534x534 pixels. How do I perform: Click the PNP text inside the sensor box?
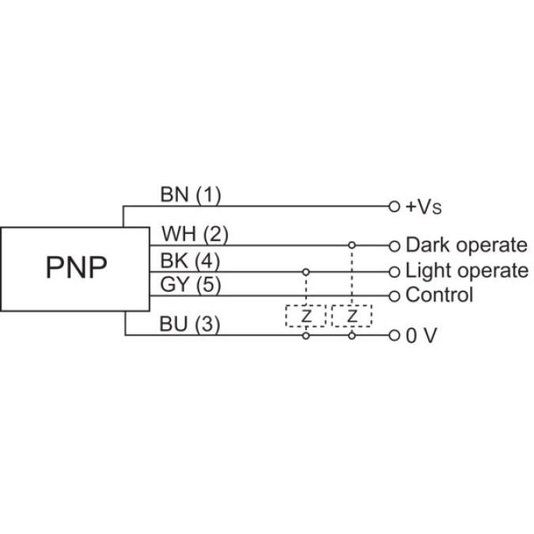coord(75,268)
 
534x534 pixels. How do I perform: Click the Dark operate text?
coord(466,245)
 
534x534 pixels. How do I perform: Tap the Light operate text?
coord(467,271)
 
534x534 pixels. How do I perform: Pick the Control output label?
coord(439,296)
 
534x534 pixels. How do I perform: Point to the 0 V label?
coord(422,335)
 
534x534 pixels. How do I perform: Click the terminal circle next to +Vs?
coord(395,206)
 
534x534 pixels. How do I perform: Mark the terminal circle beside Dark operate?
coord(395,245)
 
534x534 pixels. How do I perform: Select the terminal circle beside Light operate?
coord(395,271)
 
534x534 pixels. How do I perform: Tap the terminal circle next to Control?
coord(395,296)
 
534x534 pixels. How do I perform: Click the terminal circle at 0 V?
coord(395,335)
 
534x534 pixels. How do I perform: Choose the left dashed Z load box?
coord(305,316)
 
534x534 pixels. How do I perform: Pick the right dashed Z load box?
coord(352,316)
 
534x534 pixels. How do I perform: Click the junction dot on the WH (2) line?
coord(352,245)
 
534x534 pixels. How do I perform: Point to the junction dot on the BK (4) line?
coord(305,271)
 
